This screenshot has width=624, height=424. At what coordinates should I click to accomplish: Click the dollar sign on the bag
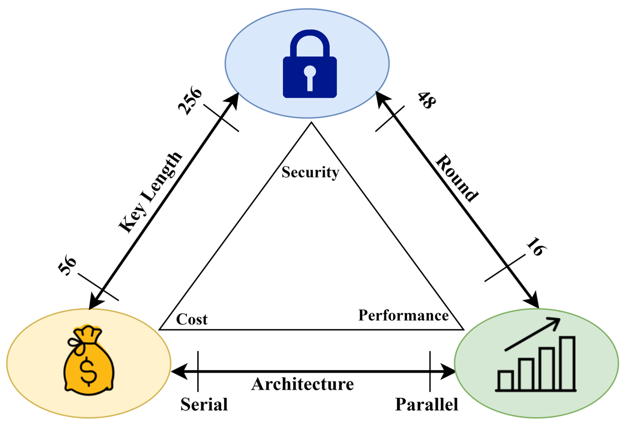click(88, 371)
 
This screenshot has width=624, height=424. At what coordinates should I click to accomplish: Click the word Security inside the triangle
click(310, 172)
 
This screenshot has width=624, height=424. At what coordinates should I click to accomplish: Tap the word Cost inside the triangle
click(192, 319)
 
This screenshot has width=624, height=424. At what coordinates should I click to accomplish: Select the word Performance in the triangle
click(403, 315)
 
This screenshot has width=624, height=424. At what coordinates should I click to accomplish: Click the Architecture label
click(302, 384)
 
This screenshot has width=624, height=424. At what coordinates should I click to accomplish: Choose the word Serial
click(204, 405)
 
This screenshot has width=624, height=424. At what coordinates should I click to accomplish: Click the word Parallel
click(426, 405)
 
